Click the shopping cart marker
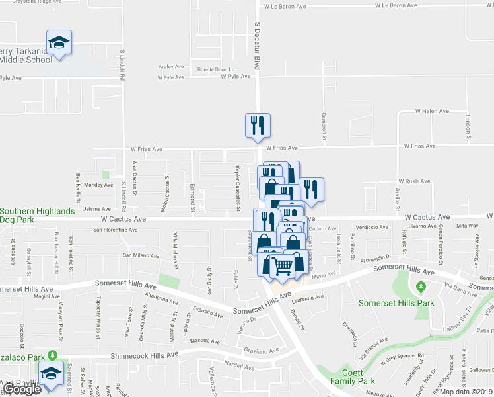tap(283, 265)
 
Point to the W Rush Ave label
tap(414, 181)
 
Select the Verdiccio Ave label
tap(372, 227)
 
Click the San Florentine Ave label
tap(115, 230)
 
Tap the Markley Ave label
tap(98, 185)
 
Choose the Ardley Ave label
tap(170, 66)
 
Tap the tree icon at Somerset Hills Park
tap(420, 287)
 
